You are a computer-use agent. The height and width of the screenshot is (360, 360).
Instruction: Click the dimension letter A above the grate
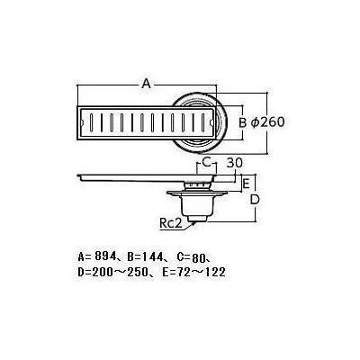[146, 83]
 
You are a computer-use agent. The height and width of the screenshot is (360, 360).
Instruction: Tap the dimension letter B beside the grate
[242, 122]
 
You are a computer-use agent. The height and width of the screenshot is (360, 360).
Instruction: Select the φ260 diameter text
[267, 122]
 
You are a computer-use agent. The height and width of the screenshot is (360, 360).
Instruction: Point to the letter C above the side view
[206, 162]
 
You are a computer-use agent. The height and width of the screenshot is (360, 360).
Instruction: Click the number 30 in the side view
[234, 163]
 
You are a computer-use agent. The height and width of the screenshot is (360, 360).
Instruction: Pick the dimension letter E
[246, 184]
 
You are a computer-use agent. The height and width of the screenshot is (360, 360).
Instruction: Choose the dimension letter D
[255, 200]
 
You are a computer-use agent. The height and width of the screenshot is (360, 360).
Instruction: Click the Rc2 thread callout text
[171, 223]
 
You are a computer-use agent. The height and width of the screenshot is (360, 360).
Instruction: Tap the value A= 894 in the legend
[96, 256]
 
